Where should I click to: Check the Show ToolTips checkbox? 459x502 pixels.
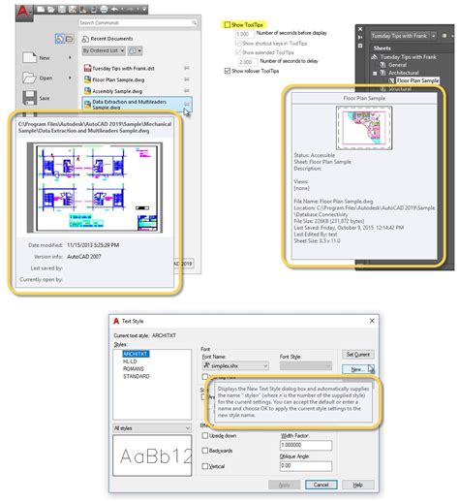tap(228, 24)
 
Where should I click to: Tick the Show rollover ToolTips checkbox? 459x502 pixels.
tap(228, 71)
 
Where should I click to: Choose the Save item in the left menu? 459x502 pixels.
tap(44, 98)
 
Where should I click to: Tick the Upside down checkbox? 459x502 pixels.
tap(204, 435)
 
